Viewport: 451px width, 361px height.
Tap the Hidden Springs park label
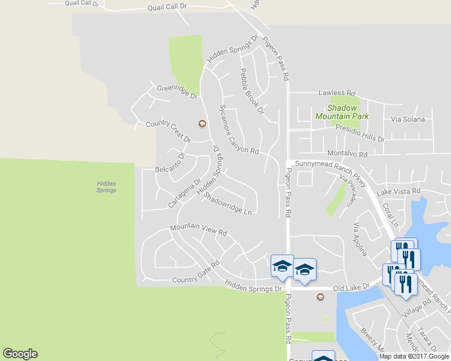pos(106,187)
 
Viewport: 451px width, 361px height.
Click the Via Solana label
pos(408,120)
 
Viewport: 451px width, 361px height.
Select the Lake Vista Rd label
pos(398,192)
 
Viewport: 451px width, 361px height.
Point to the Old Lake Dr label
pos(351,288)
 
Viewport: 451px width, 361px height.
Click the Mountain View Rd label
pos(198,229)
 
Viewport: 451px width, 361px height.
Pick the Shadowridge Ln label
pos(228,203)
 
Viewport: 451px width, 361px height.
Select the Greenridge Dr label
pos(177,91)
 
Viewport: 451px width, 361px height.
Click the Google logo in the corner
pos(20,354)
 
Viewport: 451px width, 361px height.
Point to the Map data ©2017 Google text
pos(414,356)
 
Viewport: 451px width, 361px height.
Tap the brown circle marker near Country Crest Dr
pos(202,124)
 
